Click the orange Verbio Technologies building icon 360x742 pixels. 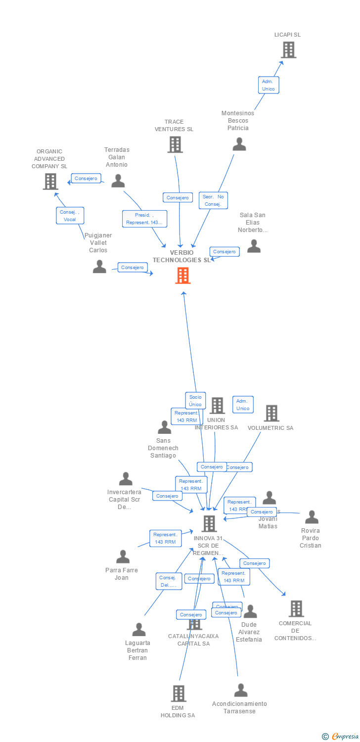pyautogui.click(x=183, y=276)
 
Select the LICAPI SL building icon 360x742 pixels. pyautogui.click(x=288, y=49)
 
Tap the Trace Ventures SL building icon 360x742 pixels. pyautogui.click(x=175, y=144)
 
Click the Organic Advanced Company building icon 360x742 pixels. pyautogui.click(x=50, y=182)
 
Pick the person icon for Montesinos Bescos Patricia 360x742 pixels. pyautogui.click(x=239, y=144)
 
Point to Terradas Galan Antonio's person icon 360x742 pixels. pyautogui.click(x=118, y=181)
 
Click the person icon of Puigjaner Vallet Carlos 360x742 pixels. pyautogui.click(x=99, y=267)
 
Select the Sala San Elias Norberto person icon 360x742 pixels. pyautogui.click(x=254, y=246)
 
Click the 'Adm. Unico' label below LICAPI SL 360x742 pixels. pyautogui.click(x=268, y=85)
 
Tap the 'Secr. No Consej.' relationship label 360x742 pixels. pyautogui.click(x=214, y=200)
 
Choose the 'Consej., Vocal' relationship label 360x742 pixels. pyautogui.click(x=70, y=216)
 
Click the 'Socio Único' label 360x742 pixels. pyautogui.click(x=195, y=401)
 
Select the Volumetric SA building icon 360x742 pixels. pyautogui.click(x=271, y=413)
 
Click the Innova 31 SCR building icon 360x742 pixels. pyautogui.click(x=209, y=523)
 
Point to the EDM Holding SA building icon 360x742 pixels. pyautogui.click(x=179, y=693)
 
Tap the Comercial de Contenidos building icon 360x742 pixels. pyautogui.click(x=296, y=608)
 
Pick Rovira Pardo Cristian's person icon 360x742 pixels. pyautogui.click(x=312, y=517)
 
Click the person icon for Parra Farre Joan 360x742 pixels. pyautogui.click(x=123, y=556)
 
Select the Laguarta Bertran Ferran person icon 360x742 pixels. pyautogui.click(x=139, y=629)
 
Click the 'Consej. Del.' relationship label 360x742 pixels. pyautogui.click(x=169, y=581)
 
